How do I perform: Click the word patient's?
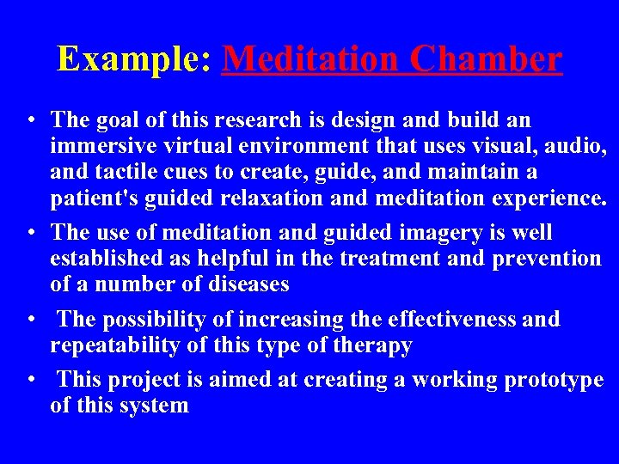[x=97, y=199]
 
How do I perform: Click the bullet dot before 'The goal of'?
[x=30, y=120]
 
